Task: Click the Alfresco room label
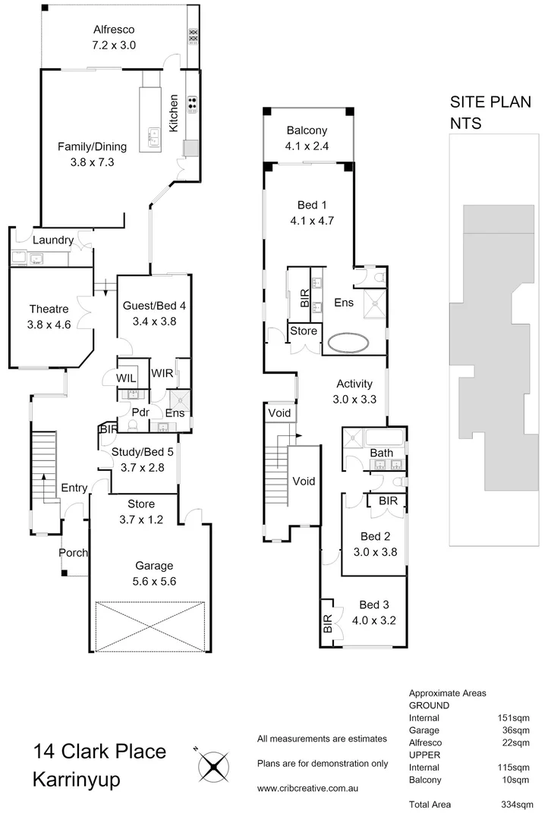(114, 30)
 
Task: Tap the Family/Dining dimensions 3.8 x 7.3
(87, 162)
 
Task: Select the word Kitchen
(174, 113)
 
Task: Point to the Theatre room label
(49, 309)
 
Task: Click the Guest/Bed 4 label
(154, 306)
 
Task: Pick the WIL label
(126, 378)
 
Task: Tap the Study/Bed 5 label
(137, 453)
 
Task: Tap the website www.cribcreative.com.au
(307, 789)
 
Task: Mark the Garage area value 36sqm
(515, 730)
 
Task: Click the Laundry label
(53, 240)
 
